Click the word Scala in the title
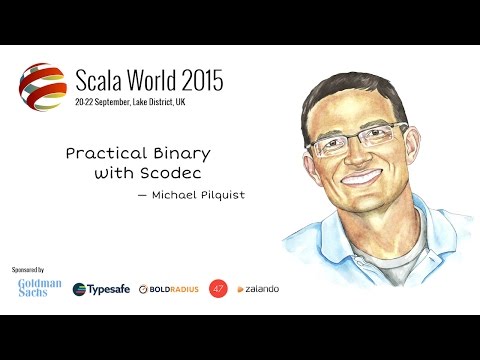(x=104, y=80)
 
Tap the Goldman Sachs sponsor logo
(x=40, y=288)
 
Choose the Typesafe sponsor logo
(x=102, y=289)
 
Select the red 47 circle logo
(x=218, y=288)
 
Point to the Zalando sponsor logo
(x=258, y=289)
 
